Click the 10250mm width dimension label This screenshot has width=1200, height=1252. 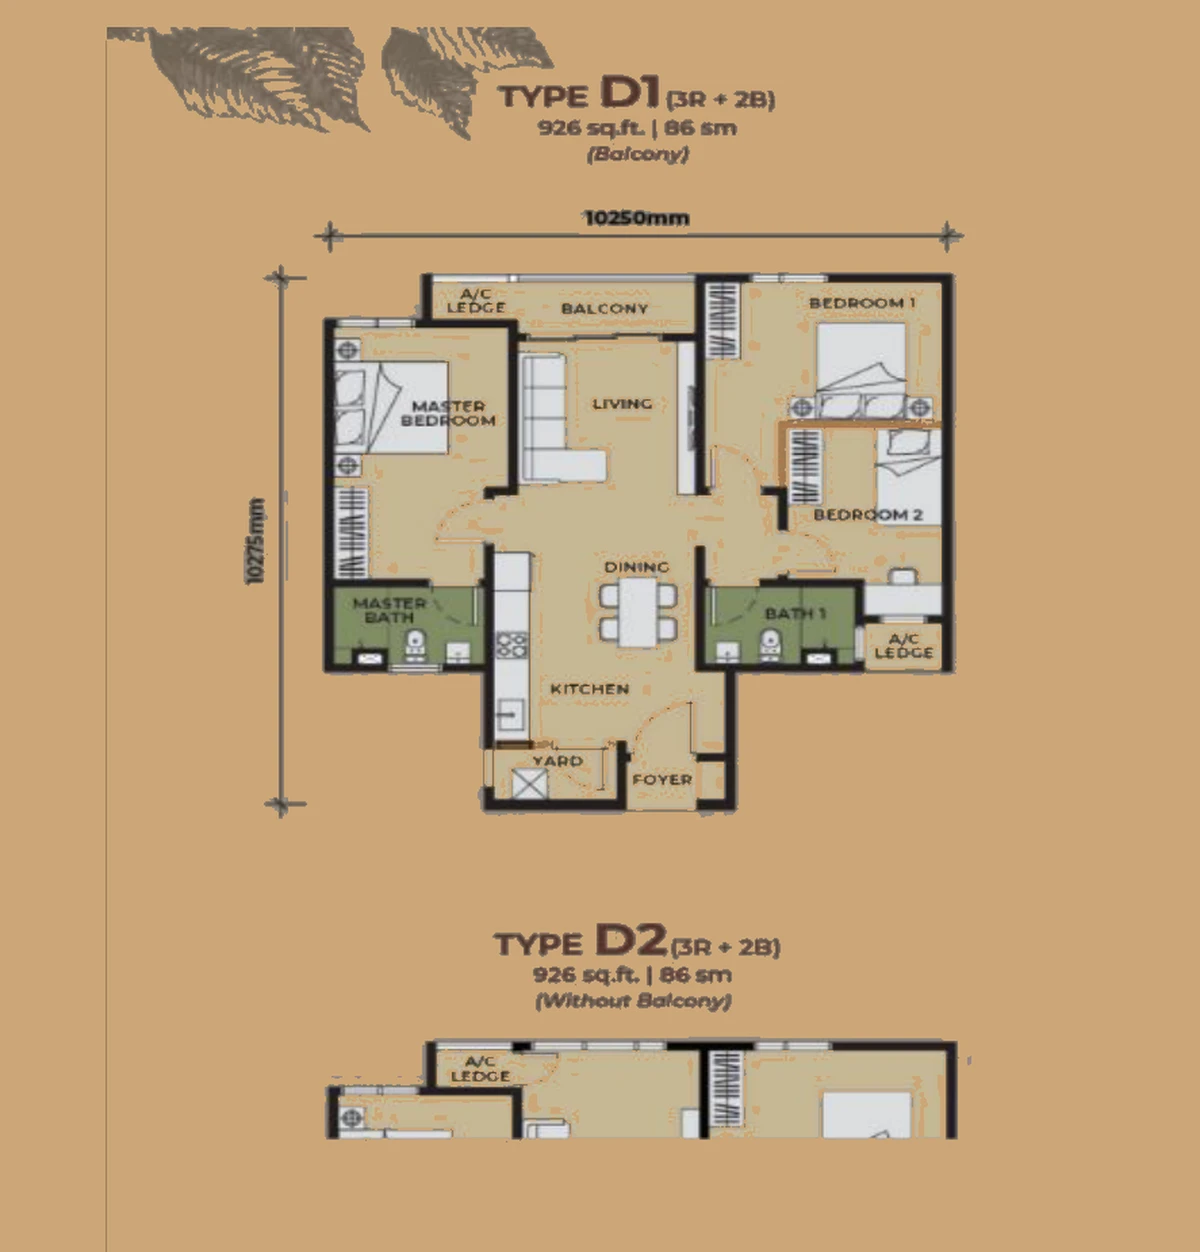coord(636,218)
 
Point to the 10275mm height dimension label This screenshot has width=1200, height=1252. coord(255,541)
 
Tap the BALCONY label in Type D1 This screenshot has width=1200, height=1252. coord(604,308)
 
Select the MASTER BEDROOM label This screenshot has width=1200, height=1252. coord(448,413)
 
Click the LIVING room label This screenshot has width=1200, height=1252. coord(622,403)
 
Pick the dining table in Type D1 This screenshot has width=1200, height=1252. coord(638,612)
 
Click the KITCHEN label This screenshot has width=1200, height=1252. coord(589,689)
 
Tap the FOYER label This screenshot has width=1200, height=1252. coord(662,780)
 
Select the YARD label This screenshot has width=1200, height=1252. coord(558,761)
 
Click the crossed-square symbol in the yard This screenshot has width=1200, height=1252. coord(530,784)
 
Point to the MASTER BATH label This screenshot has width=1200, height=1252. coord(389,610)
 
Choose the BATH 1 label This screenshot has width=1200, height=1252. coord(795,613)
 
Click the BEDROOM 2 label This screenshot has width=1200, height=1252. coord(868,514)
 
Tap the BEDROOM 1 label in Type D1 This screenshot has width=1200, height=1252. coord(862,302)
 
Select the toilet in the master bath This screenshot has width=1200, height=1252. coord(415,645)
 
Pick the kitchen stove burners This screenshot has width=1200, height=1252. coord(512,645)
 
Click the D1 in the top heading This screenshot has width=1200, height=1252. coord(630,92)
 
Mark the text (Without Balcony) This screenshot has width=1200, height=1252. coord(633,1001)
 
